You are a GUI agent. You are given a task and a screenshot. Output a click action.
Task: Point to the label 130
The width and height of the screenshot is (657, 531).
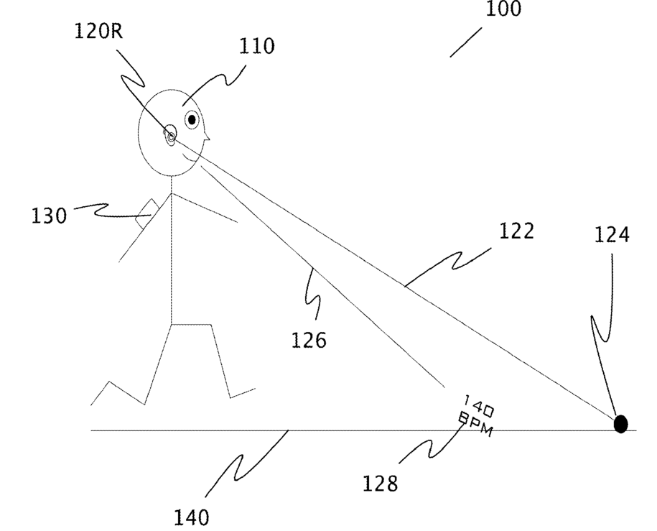point(48,215)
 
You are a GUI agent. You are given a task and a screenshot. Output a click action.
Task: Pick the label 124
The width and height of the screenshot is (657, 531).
point(612,234)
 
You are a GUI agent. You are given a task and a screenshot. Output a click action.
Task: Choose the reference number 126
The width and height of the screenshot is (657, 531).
point(309,338)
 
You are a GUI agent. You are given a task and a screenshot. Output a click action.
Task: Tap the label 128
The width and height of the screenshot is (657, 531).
point(380,484)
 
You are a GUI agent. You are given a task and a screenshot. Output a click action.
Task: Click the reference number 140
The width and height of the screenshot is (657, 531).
point(191,516)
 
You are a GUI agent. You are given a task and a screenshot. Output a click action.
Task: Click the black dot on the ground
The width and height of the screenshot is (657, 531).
point(620,424)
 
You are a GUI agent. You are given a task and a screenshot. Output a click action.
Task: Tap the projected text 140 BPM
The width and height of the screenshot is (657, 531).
point(475,417)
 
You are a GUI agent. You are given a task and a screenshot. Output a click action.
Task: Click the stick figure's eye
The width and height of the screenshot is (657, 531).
point(192,119)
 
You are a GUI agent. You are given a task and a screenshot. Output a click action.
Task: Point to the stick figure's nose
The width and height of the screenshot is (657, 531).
point(207,136)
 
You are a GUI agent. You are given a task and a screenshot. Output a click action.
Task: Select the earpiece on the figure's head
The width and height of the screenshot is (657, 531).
point(170,135)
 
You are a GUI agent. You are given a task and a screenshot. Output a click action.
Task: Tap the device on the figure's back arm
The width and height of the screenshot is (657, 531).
point(147,213)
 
